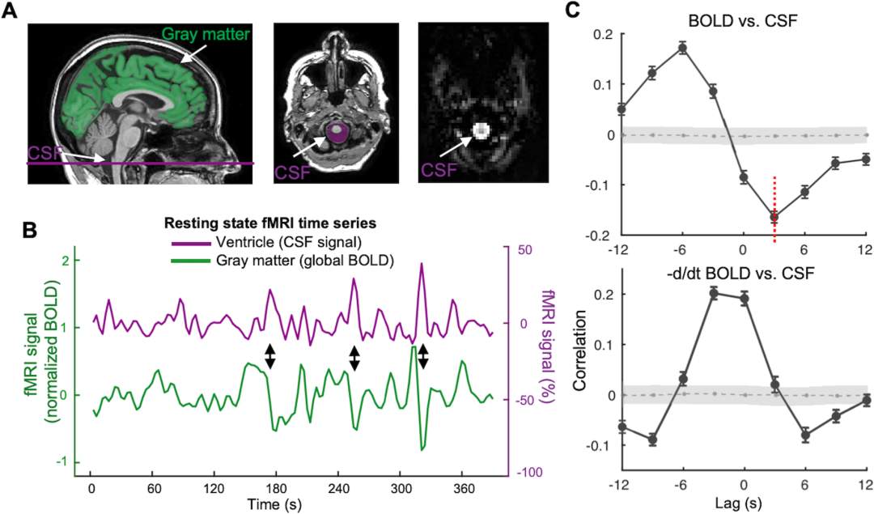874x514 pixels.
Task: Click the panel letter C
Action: [572, 11]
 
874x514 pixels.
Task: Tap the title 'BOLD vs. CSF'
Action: [742, 16]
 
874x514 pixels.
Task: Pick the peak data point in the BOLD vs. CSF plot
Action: [682, 48]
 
